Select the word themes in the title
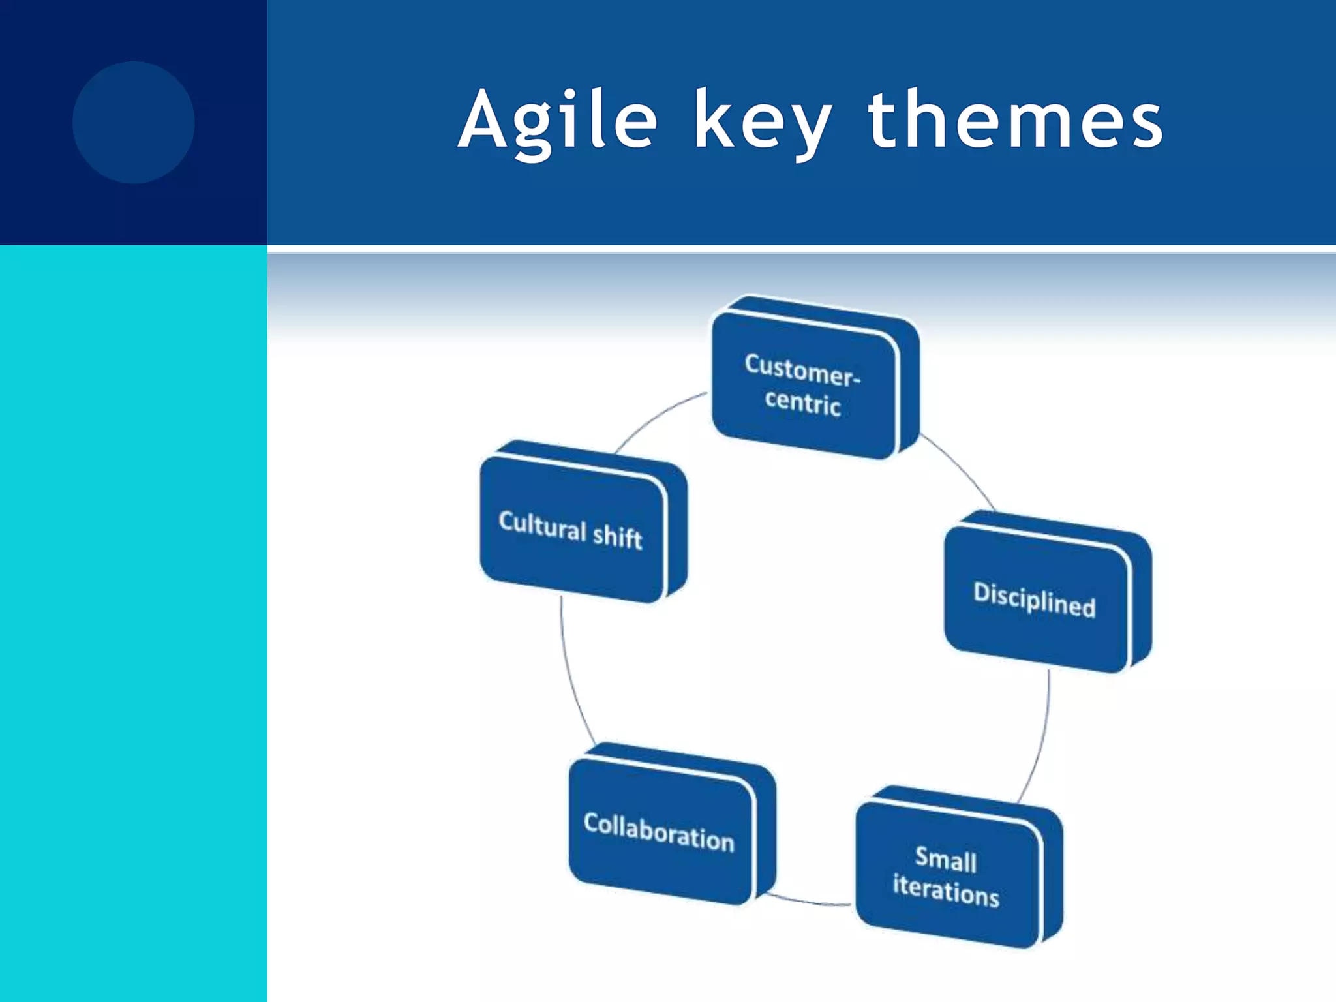1015,121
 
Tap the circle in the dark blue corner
133,122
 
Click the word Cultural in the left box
542,525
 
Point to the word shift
617,536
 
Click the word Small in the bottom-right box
946,859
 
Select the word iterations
946,891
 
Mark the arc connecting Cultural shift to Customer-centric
656,417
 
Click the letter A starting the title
483,121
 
